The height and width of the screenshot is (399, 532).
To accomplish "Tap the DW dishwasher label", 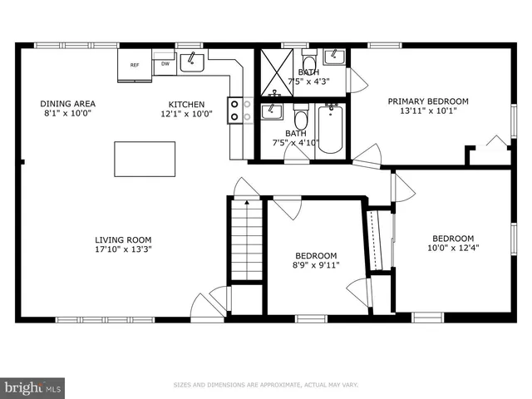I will [165, 63].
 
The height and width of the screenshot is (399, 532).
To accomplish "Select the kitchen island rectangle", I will [145, 159].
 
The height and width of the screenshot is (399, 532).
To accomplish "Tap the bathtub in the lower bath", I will [330, 129].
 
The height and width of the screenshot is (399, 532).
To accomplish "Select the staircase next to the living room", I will [248, 241].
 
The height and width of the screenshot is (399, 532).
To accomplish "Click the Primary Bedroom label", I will [428, 101].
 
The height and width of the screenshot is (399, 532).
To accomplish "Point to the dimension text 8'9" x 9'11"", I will [316, 265].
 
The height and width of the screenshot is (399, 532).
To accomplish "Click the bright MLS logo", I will [33, 387].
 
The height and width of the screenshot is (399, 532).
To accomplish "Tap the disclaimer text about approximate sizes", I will [266, 385].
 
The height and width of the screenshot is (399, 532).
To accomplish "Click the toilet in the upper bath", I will [308, 65].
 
